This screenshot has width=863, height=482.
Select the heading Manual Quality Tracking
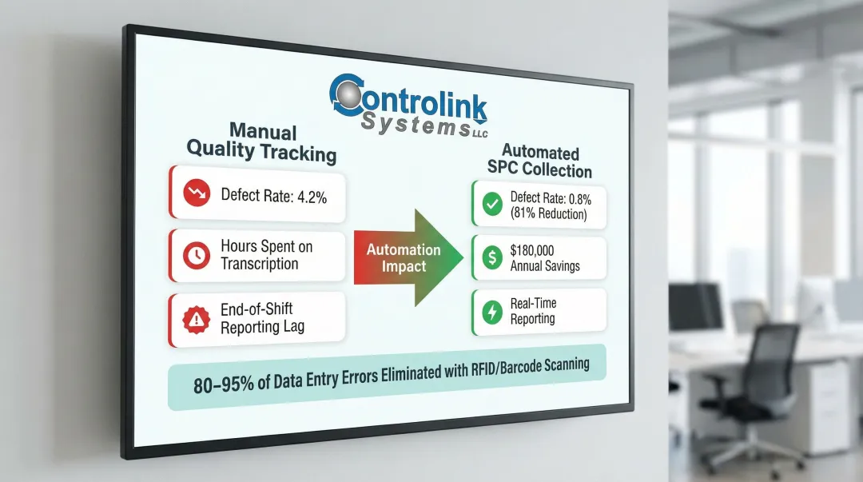coord(261,141)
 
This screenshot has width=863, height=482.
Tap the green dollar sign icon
coord(492,257)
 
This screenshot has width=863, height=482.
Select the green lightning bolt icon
coord(492,310)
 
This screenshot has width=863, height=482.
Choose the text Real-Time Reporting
coord(533,311)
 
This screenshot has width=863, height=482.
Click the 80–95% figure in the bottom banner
coord(221,383)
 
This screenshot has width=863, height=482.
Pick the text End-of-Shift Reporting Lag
coord(262,318)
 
